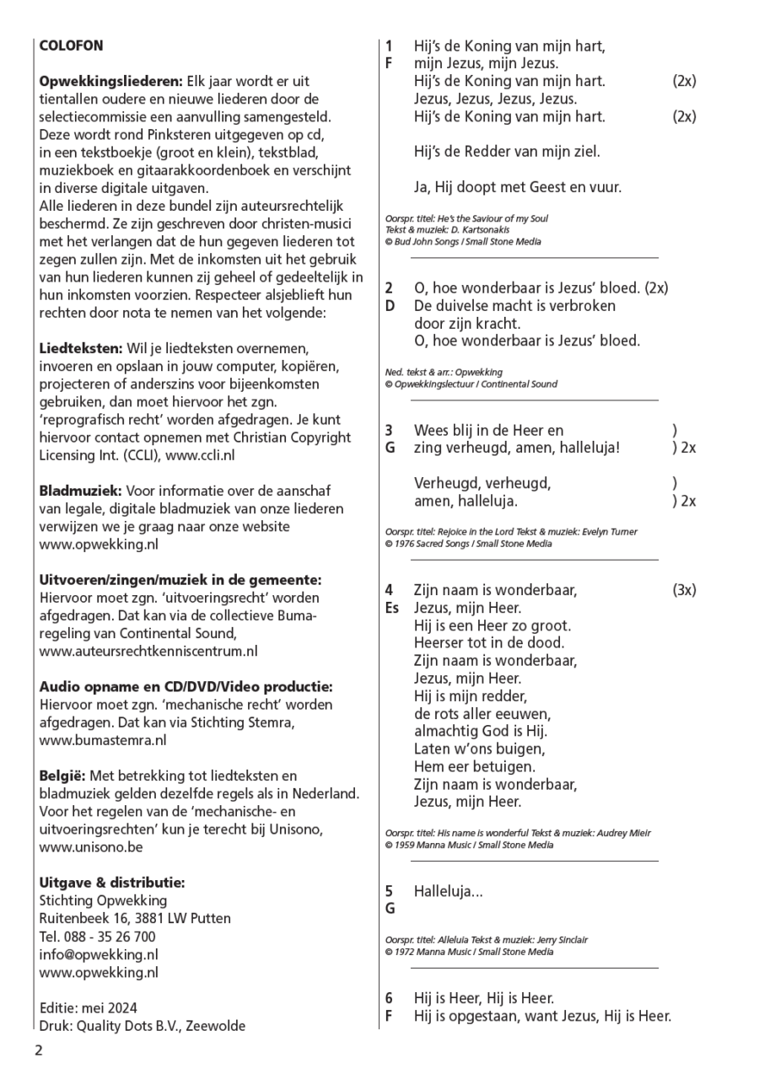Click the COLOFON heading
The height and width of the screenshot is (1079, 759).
[x=71, y=46]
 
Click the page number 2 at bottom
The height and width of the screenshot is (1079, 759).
[x=38, y=1050]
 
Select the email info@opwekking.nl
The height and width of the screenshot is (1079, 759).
[x=98, y=954]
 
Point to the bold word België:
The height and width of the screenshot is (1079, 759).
[x=62, y=776]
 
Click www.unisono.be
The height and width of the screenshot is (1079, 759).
[x=91, y=847]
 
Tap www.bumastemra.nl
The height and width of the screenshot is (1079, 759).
[x=103, y=740]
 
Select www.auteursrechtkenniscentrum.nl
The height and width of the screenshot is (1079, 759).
[x=148, y=651]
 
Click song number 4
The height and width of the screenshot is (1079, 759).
[x=389, y=590]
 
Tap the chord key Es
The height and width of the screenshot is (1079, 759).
[x=392, y=608]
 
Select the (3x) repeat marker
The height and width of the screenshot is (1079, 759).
[x=684, y=590]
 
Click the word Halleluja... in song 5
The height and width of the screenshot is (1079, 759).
[x=448, y=891]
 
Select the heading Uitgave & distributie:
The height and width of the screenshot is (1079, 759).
[x=112, y=883]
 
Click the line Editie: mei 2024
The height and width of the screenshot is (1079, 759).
[x=88, y=1008]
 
